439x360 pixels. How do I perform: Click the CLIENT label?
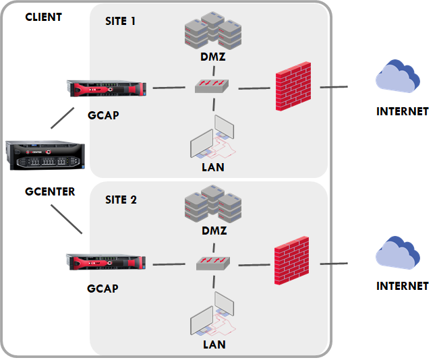(43, 17)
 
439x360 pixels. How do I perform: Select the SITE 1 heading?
(121, 21)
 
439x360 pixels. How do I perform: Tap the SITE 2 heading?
(121, 200)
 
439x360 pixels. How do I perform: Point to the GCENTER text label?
(50, 191)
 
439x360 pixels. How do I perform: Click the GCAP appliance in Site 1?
(106, 89)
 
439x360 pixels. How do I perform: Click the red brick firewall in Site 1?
(293, 88)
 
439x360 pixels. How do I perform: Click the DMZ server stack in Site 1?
(212, 32)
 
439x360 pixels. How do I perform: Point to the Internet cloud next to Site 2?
(398, 254)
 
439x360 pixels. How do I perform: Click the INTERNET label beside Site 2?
(402, 286)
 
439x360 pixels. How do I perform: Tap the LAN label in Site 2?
(214, 344)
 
